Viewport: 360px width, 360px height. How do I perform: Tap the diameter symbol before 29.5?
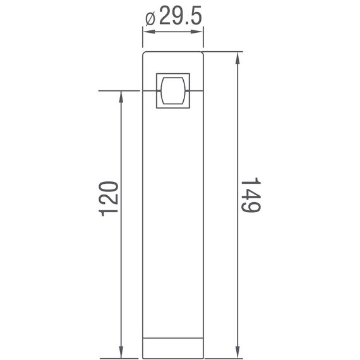point(150,18)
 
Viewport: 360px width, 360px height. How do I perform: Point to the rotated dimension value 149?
point(252,196)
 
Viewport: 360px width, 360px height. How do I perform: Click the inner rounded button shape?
point(172,90)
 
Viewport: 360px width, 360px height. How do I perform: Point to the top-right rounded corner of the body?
point(201,54)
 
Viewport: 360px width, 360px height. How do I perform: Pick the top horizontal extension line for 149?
point(224,52)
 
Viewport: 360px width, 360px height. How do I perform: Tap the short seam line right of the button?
point(196,91)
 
